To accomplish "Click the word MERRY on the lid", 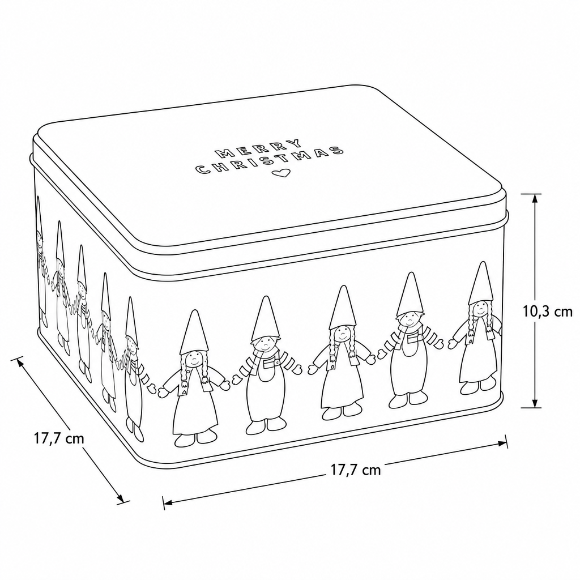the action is point(258,148).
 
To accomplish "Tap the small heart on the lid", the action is point(278,173).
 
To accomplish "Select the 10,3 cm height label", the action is point(548,312).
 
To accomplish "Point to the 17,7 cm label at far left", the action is point(59,439).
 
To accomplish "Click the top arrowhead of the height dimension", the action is point(534,201).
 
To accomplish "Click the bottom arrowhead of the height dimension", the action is point(534,401).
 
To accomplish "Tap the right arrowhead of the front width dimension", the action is point(503,443).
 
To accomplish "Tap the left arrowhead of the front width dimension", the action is point(168,503).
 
